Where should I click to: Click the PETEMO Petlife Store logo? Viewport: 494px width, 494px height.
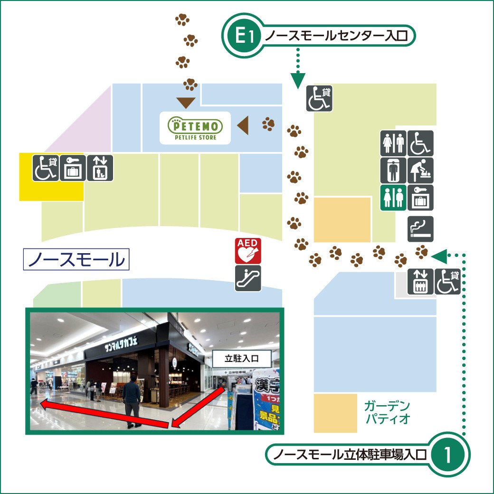[195, 128]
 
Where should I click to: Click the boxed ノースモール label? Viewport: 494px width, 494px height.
[76, 259]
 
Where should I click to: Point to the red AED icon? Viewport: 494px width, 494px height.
[248, 251]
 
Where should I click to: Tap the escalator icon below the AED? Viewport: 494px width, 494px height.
[248, 278]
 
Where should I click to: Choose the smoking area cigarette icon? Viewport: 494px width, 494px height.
[420, 229]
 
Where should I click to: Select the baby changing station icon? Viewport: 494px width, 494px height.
[420, 171]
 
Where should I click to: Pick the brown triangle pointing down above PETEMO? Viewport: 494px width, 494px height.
[185, 102]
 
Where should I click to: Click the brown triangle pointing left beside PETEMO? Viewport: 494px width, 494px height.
[243, 125]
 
